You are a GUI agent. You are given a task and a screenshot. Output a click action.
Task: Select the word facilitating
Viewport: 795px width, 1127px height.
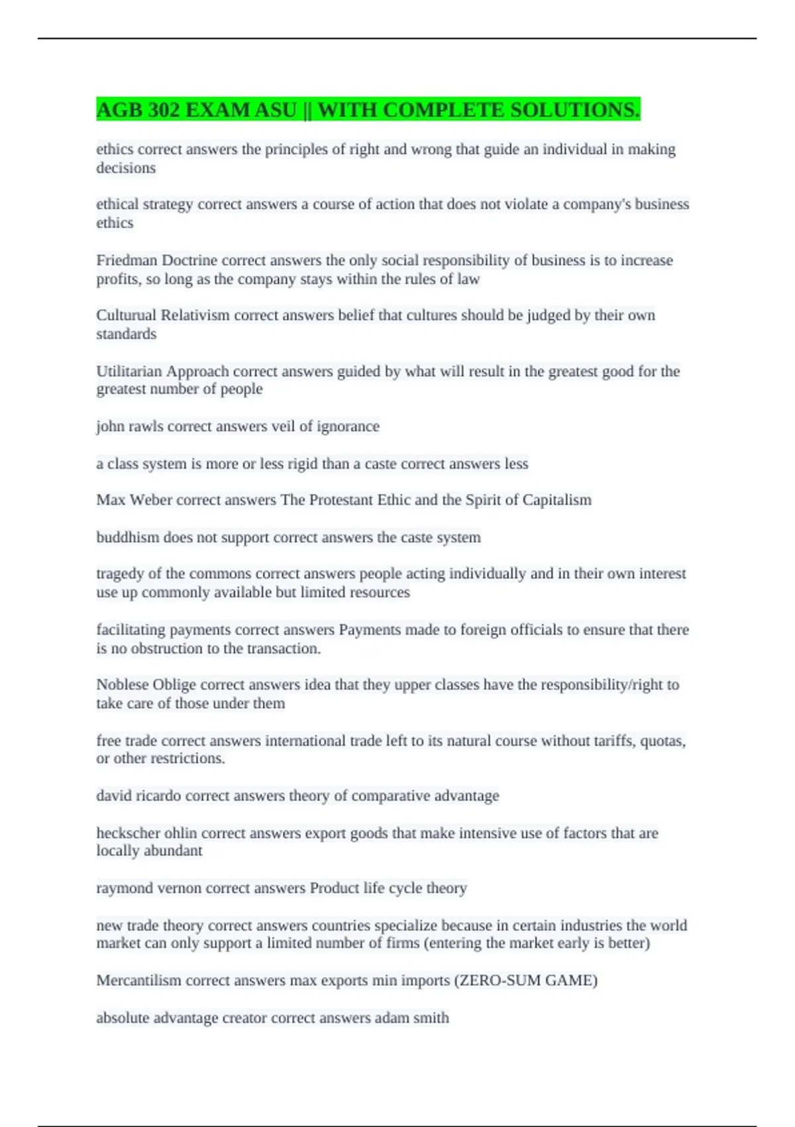click(130, 630)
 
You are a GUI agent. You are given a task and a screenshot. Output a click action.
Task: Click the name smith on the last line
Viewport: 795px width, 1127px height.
click(431, 1018)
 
